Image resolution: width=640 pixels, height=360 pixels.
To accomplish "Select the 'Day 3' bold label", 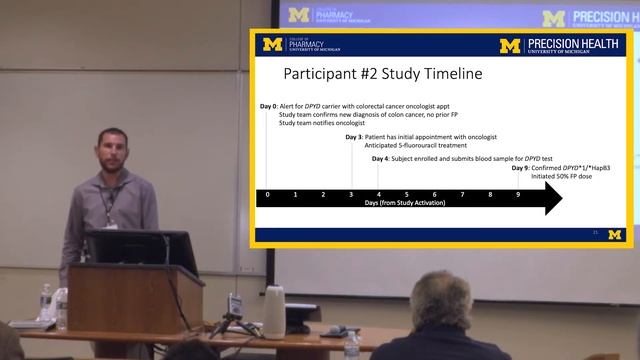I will (354, 136).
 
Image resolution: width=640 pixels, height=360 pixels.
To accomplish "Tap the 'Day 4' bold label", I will (380, 159).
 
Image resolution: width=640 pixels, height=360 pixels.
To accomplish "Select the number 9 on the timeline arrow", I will (517, 194).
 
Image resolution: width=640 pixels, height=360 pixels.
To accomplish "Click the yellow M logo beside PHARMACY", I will (272, 45).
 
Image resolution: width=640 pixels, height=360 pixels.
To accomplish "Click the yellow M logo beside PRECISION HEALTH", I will (510, 45).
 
